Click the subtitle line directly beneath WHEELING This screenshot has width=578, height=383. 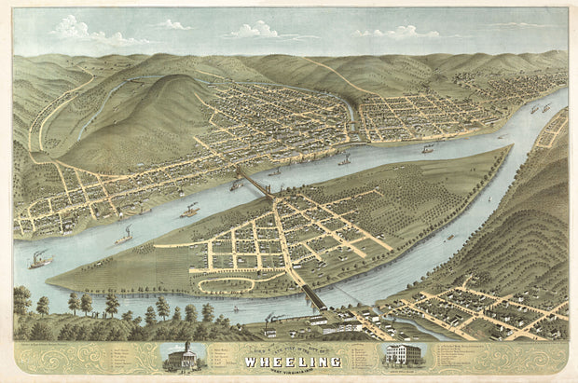pos(289,368)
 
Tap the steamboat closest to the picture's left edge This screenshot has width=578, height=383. pos(40,260)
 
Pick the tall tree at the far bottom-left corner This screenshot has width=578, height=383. pos(21,301)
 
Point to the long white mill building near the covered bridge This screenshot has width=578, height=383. pos(340,326)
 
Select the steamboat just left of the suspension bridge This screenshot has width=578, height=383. pos(235,186)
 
